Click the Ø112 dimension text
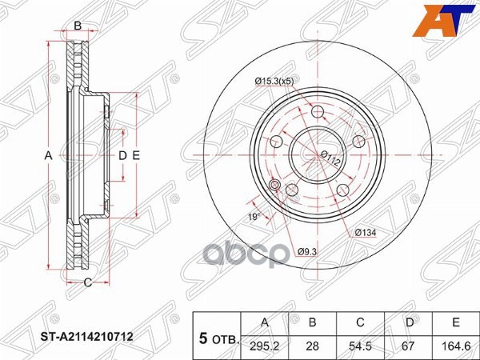click(x=330, y=158)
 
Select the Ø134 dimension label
click(x=365, y=233)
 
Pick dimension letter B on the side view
click(x=78, y=26)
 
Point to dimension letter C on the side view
click(x=87, y=282)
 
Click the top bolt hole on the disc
click(x=318, y=110)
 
